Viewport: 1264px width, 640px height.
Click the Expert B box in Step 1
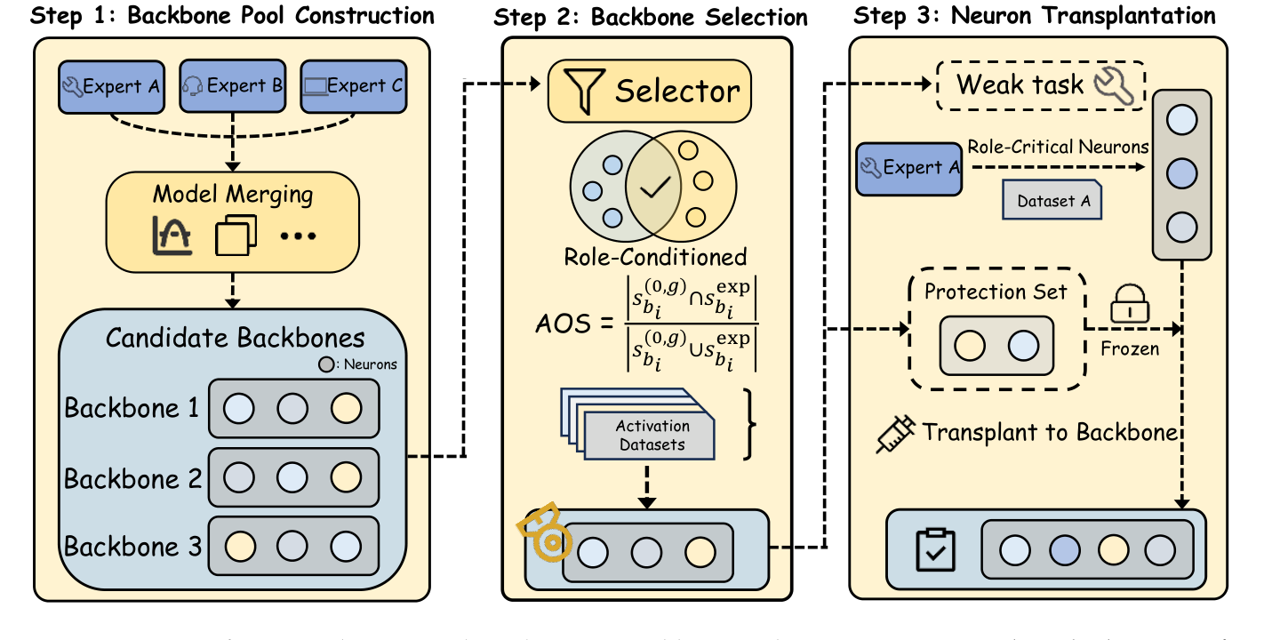(232, 86)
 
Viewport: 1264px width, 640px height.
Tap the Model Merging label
(234, 193)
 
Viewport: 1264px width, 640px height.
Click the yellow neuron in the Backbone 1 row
(346, 409)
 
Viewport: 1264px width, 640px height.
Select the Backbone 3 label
(132, 546)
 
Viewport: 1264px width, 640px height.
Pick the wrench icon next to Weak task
(1116, 86)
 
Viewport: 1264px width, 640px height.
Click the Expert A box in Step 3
(908, 167)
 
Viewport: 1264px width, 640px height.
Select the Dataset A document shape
(1052, 201)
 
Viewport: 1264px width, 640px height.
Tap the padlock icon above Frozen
(1129, 306)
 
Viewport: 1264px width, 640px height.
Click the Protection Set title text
(996, 292)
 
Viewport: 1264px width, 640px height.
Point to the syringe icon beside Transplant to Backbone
(895, 434)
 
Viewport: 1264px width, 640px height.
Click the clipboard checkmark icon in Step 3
(934, 551)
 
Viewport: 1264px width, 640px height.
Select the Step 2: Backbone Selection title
(651, 17)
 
